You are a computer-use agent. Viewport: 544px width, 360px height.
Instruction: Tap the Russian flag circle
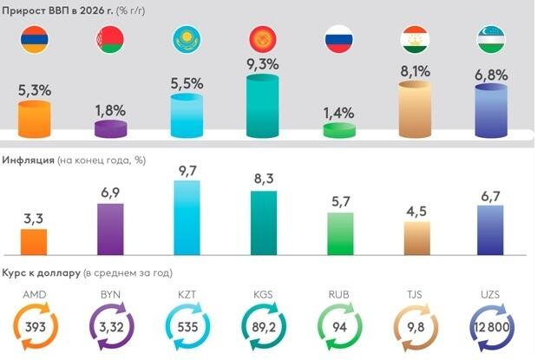338,40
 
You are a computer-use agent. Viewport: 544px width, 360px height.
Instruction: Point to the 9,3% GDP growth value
261,65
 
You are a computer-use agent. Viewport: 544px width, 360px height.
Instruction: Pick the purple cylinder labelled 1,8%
109,129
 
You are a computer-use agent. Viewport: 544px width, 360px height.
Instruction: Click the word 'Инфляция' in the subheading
29,161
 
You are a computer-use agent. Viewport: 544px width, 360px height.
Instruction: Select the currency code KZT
187,295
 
